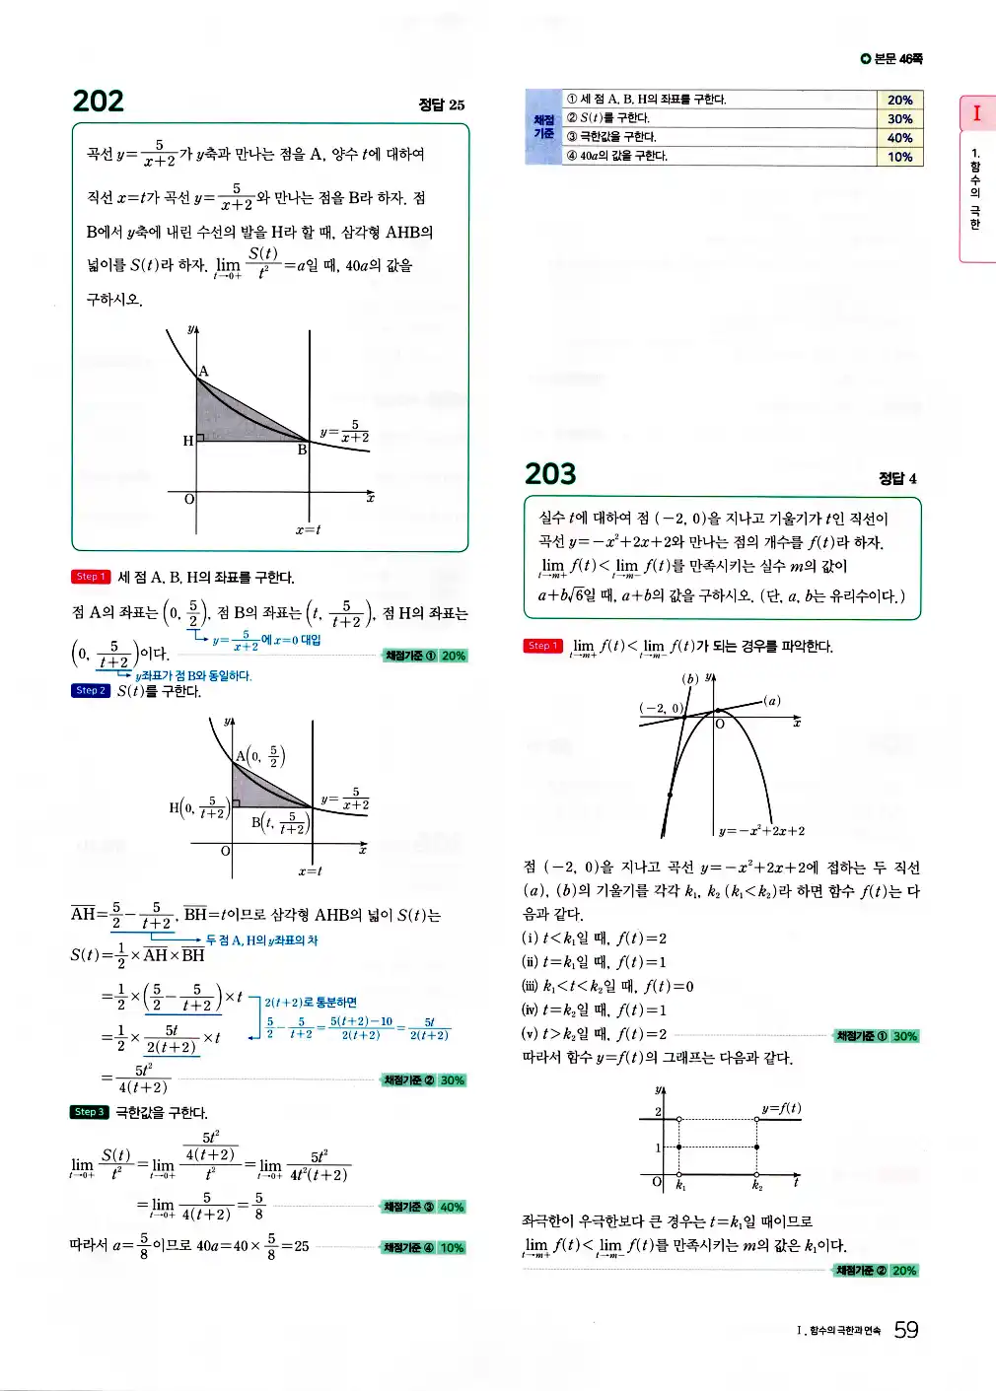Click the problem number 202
tap(99, 102)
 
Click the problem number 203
tap(550, 474)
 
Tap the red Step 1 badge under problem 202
tap(90, 577)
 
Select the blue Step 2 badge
tap(90, 690)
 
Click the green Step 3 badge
tap(89, 1112)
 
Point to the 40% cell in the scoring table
tap(899, 138)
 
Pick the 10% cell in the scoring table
tap(899, 157)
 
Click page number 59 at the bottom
tap(905, 1330)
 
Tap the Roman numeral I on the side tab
tap(976, 113)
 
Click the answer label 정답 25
tap(441, 104)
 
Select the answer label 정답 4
tap(897, 478)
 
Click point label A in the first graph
tap(204, 372)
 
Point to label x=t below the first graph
tap(308, 530)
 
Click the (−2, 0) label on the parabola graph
tap(662, 708)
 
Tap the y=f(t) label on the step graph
tap(780, 1108)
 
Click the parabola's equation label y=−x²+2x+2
tap(761, 831)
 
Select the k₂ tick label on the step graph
tap(757, 1186)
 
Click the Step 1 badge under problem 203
tap(542, 646)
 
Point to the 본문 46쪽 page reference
tap(891, 59)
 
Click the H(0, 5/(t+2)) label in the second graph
tap(198, 809)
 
